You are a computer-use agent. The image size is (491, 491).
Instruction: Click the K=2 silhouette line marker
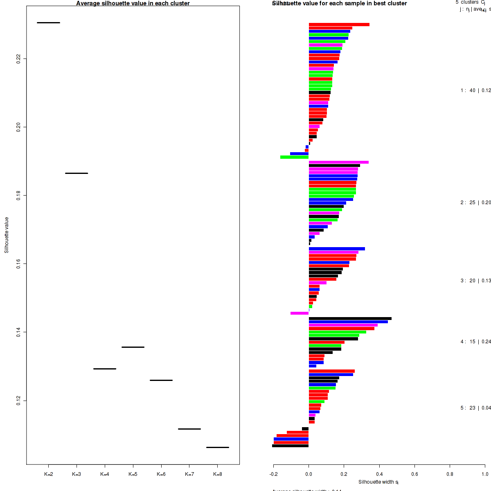tap(48, 23)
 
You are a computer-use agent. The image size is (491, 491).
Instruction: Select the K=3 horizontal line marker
tap(77, 173)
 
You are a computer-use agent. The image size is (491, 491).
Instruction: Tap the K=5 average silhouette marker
tap(133, 347)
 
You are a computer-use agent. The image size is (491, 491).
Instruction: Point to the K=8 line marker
tap(218, 447)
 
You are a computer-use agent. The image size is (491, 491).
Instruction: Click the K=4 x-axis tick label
tap(105, 474)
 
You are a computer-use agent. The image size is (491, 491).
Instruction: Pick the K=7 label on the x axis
tap(189, 474)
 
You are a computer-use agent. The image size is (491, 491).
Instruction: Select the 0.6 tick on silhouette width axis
tap(414, 474)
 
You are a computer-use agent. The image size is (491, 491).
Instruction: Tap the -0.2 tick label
tap(273, 474)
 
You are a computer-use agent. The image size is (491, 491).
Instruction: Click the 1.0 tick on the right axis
tap(485, 474)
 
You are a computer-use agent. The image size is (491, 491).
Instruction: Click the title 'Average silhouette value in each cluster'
tap(133, 3)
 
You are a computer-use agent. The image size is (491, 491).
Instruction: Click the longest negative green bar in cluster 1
tap(294, 157)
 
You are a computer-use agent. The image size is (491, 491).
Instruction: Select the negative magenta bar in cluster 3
tap(300, 313)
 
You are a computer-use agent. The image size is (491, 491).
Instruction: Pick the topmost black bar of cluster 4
tap(350, 318)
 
